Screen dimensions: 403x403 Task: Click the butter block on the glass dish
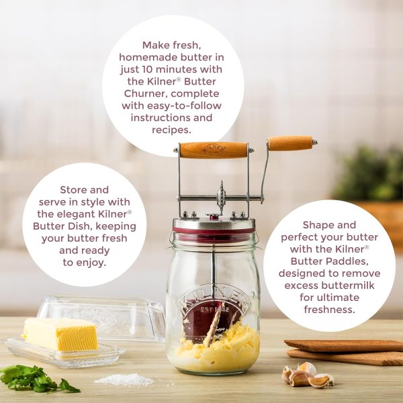60,333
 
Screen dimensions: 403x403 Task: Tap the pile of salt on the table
124,379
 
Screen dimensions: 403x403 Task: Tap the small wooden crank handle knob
290,143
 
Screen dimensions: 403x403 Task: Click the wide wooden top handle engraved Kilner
213,149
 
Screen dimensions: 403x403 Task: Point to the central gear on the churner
222,197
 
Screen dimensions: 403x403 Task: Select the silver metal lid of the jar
213,223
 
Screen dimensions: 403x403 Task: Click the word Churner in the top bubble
145,93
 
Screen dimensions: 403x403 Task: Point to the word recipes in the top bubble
173,130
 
